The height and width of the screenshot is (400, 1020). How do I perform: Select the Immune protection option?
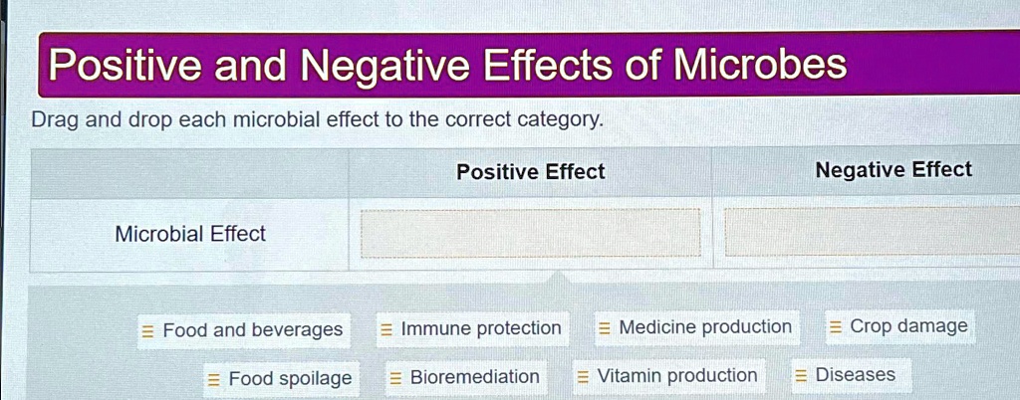[x=470, y=329]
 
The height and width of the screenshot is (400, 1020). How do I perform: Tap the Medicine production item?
[x=694, y=327]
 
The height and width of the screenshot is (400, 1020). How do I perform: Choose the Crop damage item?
[x=897, y=326]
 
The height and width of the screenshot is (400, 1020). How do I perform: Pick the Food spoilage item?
[x=280, y=379]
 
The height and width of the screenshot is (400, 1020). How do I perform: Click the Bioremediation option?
[x=464, y=377]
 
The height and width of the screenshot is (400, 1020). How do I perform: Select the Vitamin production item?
[x=666, y=376]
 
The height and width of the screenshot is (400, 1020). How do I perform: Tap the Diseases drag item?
[x=845, y=375]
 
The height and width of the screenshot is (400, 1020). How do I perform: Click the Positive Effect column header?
[x=530, y=172]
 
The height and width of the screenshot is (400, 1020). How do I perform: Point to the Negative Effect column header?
[x=892, y=170]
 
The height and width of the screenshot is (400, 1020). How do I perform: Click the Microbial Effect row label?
[x=190, y=235]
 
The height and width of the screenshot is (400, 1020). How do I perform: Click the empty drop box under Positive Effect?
[x=530, y=234]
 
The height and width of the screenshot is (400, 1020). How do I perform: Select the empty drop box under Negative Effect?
[x=872, y=232]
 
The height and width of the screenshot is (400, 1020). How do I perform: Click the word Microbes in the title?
[x=760, y=66]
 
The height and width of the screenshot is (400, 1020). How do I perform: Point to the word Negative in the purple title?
[x=385, y=67]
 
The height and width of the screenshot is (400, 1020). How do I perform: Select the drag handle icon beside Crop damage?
[x=836, y=327]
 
